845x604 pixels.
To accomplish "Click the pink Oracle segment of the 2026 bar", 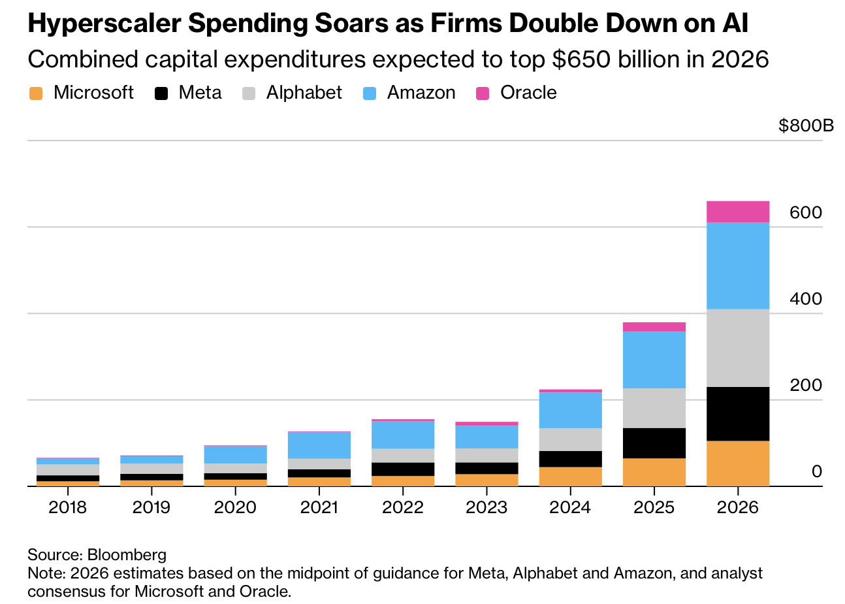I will point(737,212).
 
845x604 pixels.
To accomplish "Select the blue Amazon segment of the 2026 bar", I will point(737,265).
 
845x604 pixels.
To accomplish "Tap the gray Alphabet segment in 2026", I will point(737,348).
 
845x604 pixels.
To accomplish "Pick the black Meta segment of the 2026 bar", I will point(737,414).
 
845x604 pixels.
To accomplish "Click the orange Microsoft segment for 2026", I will point(737,463).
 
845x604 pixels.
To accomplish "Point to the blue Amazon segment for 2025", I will point(654,360).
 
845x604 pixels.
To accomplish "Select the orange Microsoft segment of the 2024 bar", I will point(570,476).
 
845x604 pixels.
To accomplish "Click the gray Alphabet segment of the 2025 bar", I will point(654,408).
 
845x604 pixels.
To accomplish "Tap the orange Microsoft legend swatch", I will point(35,93).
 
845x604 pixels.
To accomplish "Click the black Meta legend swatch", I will point(161,93).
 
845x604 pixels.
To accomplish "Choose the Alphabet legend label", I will point(304,93).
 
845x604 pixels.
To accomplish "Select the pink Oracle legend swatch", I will point(483,93).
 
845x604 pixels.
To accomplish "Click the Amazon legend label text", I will point(421,93).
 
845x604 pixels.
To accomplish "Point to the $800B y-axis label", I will point(806,126).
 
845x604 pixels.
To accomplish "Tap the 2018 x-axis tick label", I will point(68,507).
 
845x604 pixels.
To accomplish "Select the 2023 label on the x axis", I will point(486,507).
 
